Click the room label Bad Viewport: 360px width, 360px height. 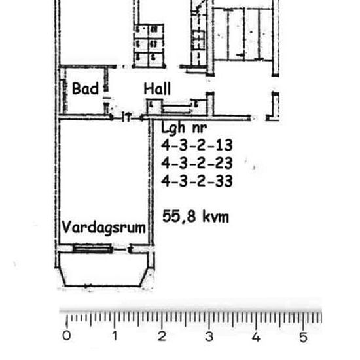coord(85,88)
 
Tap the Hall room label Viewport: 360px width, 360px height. coord(158,88)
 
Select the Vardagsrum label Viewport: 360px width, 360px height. coord(103,228)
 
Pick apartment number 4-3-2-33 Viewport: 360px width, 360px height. coord(196,181)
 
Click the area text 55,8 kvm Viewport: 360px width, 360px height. coord(196,217)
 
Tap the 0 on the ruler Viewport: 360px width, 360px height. coord(67,336)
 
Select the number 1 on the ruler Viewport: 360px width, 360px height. coord(115,336)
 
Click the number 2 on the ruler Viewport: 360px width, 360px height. coord(162,336)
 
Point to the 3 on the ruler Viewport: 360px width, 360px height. coord(209,336)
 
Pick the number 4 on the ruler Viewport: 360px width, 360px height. coord(256,336)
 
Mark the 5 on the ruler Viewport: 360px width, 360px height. coord(303,336)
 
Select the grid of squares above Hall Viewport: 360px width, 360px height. coord(149,44)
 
